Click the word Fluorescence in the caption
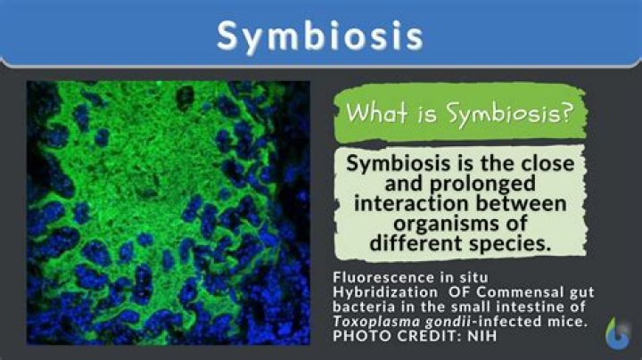tap(372, 276)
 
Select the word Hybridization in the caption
tap(375, 290)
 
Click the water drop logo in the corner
tap(615, 332)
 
